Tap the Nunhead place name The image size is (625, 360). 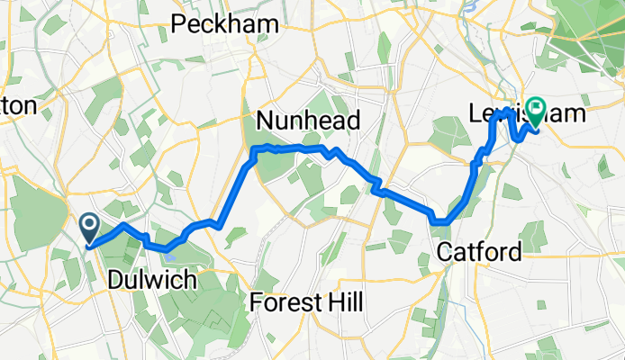pyautogui.click(x=308, y=121)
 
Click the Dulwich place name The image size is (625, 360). pyautogui.click(x=151, y=280)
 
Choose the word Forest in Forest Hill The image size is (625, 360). pyautogui.click(x=284, y=302)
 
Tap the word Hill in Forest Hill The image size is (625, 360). pyautogui.click(x=344, y=302)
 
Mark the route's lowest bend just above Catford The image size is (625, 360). pyautogui.click(x=440, y=221)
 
